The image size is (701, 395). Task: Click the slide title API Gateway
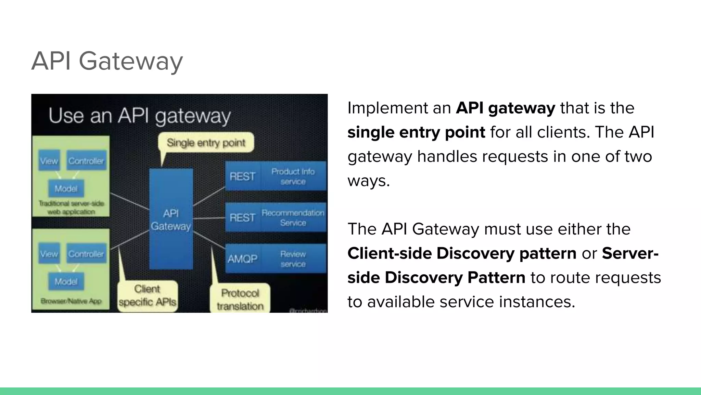coord(107,61)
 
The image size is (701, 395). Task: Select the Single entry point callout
coord(206,142)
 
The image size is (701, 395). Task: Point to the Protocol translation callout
coord(240,299)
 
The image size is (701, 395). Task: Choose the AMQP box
coord(242,259)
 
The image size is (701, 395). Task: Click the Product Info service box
coord(293,176)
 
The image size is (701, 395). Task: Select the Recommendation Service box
coord(293,218)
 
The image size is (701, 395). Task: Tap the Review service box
coord(293,259)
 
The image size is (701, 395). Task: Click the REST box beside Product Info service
coord(242,176)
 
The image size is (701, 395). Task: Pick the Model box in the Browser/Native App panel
coord(66,282)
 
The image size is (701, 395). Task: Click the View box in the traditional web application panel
coord(49,161)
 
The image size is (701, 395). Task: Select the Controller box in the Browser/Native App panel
coord(86,254)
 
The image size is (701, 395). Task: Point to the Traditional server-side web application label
coord(71,207)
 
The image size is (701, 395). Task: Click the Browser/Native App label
coord(71,301)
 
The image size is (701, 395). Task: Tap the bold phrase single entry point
coord(416,132)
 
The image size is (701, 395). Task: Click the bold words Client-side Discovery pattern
coord(462,253)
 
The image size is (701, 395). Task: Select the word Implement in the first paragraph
coord(382,108)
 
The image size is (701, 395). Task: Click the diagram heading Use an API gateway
coord(140,116)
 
